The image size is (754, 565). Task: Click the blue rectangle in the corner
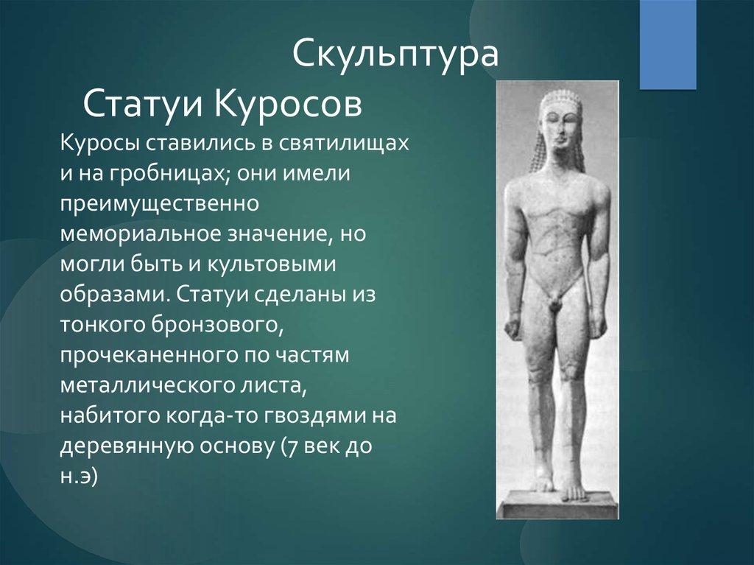point(668,45)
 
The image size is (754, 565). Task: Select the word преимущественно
point(160,204)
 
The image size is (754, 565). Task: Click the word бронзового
point(216,325)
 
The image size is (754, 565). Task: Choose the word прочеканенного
point(149,355)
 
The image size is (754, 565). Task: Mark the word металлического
point(149,385)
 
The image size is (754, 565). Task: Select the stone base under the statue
point(558,503)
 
